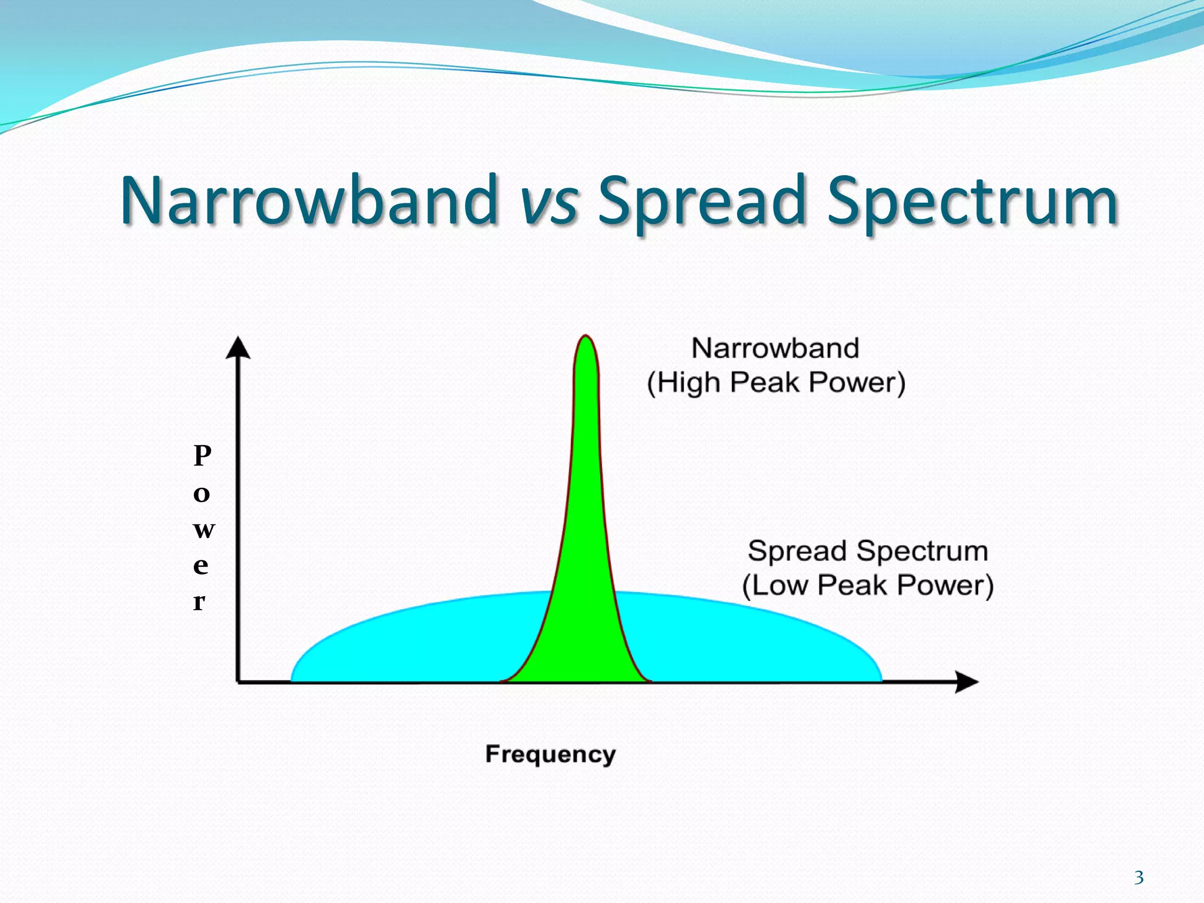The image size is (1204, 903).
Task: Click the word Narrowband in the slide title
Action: (x=309, y=200)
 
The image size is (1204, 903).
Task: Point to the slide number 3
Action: (x=1139, y=878)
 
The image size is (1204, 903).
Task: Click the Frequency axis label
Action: (x=550, y=754)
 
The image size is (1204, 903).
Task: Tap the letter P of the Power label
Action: (x=202, y=456)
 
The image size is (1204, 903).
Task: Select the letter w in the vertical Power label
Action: (x=203, y=529)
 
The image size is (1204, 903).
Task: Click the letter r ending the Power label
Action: (x=199, y=601)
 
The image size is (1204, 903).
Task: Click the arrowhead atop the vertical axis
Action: (x=238, y=348)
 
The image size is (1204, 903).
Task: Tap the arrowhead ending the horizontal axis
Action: (x=966, y=682)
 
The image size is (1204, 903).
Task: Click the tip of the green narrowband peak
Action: (x=586, y=337)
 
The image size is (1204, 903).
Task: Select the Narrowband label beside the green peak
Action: (x=775, y=348)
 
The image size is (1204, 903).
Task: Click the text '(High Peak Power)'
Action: (x=776, y=383)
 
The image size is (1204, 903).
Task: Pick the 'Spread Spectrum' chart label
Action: (x=868, y=551)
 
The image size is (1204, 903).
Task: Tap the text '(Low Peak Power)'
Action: (x=868, y=586)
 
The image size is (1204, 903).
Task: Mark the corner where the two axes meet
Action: (x=239, y=681)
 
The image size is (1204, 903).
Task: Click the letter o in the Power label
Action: (x=202, y=494)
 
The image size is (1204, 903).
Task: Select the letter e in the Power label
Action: (x=201, y=566)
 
